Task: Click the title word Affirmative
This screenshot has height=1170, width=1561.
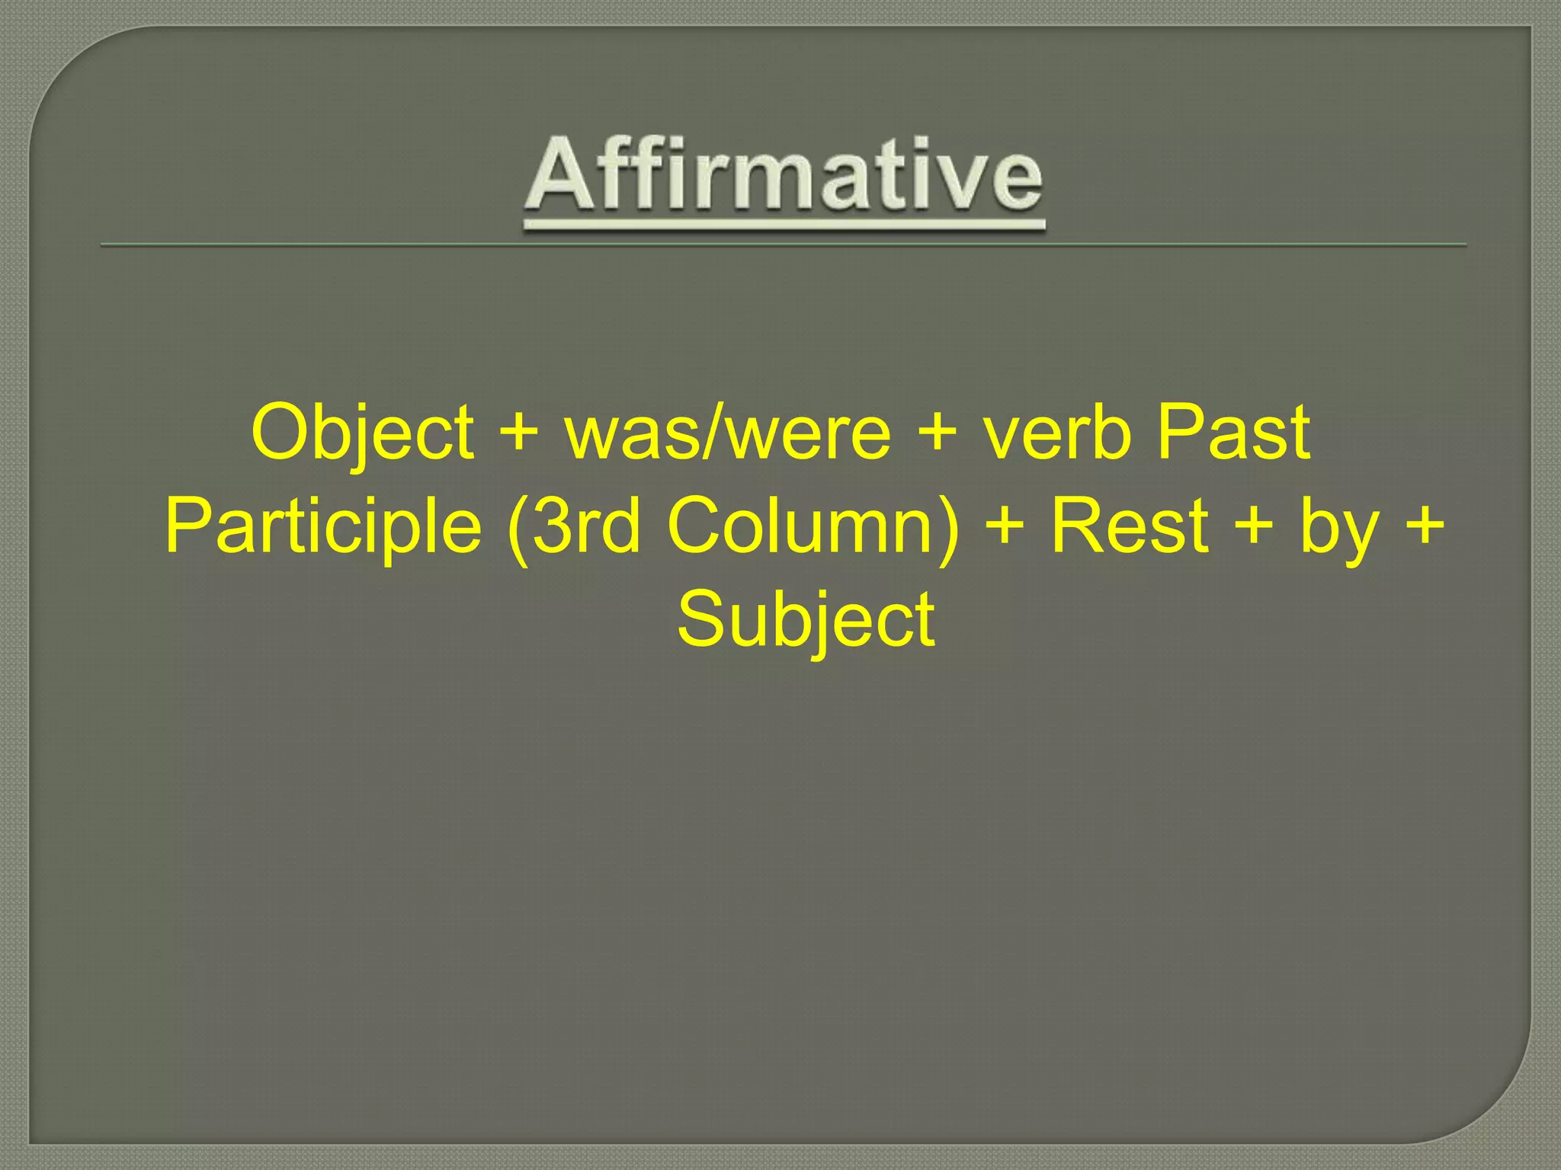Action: coord(784,176)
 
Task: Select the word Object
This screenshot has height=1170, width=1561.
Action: coord(362,433)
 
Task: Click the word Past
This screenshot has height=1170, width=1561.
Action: coord(1233,433)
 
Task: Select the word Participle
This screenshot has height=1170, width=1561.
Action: coord(323,527)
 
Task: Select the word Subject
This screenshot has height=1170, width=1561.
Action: coord(806,620)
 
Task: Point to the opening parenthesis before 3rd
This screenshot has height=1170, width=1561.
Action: coord(518,527)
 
